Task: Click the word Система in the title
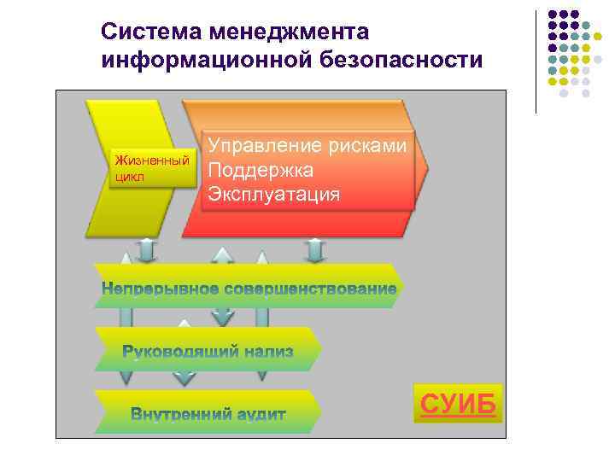click(140, 32)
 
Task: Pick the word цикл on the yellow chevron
click(129, 177)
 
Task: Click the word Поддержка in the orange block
click(261, 170)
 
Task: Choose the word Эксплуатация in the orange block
click(274, 194)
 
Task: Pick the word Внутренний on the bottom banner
click(180, 414)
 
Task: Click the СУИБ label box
click(458, 405)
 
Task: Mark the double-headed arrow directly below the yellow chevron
click(146, 249)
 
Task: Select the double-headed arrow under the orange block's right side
click(315, 249)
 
